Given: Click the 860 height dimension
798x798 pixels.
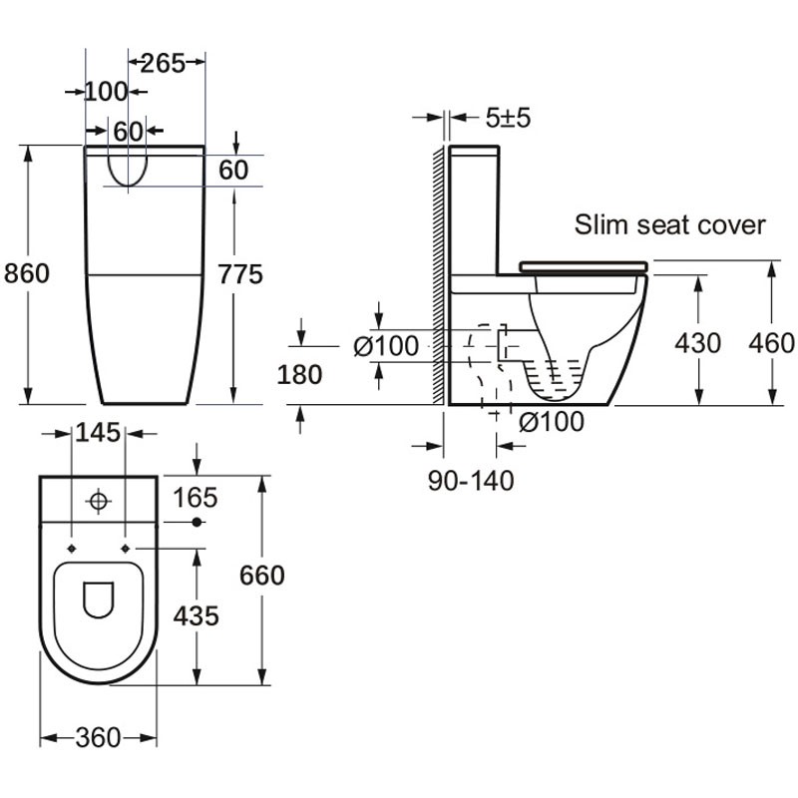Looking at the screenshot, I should coord(27,272).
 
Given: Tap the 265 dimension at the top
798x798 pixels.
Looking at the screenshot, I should coord(163,63).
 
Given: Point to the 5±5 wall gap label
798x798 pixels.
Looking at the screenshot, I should coord(509,118).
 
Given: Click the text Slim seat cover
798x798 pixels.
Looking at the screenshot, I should coord(669,224).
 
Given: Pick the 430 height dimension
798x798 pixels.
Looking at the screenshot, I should coord(697,343).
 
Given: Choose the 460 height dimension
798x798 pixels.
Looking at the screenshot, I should coord(772,343).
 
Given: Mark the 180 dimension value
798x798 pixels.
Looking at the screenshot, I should coord(299,374).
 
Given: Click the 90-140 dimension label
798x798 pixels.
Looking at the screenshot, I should coord(471,481).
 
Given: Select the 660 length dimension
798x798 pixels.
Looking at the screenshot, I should coord(262,576).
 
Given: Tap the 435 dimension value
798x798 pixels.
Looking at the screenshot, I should coord(196,615).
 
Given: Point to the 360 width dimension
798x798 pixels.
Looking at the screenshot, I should coord(98,738).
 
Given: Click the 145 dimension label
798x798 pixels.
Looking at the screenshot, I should coord(98,433).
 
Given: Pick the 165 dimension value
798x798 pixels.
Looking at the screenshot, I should coord(196,497).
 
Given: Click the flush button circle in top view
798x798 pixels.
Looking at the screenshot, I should coord(99,501).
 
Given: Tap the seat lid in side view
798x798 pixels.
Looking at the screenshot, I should coord(583,265).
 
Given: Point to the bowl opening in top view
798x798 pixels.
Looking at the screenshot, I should coord(99,598).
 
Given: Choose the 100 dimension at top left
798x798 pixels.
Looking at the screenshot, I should coord(106,92).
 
